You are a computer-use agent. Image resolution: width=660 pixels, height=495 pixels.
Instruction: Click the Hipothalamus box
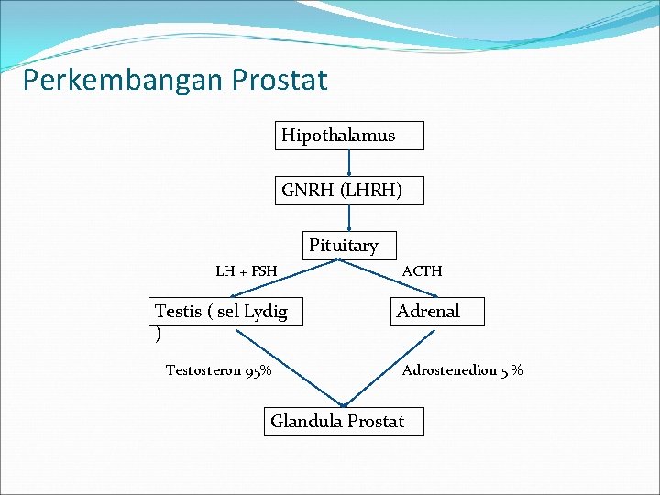click(x=349, y=136)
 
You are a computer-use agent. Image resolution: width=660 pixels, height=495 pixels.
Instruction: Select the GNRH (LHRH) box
click(x=349, y=191)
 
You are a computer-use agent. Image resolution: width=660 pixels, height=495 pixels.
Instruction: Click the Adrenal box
click(x=437, y=312)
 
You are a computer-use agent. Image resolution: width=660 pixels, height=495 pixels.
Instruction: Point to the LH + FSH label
click(x=246, y=271)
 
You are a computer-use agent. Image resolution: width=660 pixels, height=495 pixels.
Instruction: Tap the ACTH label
click(x=422, y=271)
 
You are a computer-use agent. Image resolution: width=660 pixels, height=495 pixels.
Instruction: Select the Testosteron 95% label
click(x=217, y=371)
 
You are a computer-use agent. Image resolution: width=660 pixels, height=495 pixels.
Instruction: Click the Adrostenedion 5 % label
click(x=462, y=371)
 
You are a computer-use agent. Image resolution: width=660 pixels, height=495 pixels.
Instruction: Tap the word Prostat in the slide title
click(x=280, y=81)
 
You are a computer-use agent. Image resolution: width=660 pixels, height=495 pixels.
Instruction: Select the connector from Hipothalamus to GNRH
click(x=349, y=163)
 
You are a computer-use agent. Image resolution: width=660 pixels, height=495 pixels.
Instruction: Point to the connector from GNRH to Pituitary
click(x=349, y=218)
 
